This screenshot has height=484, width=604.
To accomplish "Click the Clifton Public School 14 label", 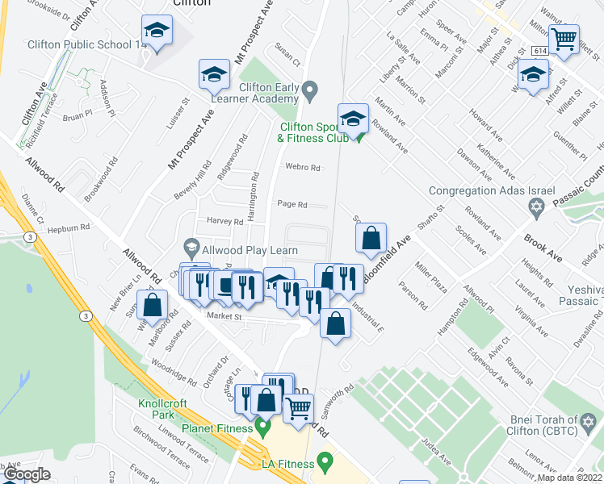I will pos(87,46).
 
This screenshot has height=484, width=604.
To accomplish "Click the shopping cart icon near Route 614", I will pos(564,37).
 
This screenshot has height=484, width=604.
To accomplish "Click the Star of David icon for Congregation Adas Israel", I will pos(533,209).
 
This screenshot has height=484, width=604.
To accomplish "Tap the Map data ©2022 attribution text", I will pos(570,478).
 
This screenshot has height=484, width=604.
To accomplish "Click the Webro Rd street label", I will pos(303,168).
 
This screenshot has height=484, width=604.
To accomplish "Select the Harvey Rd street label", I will pos(225,221).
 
